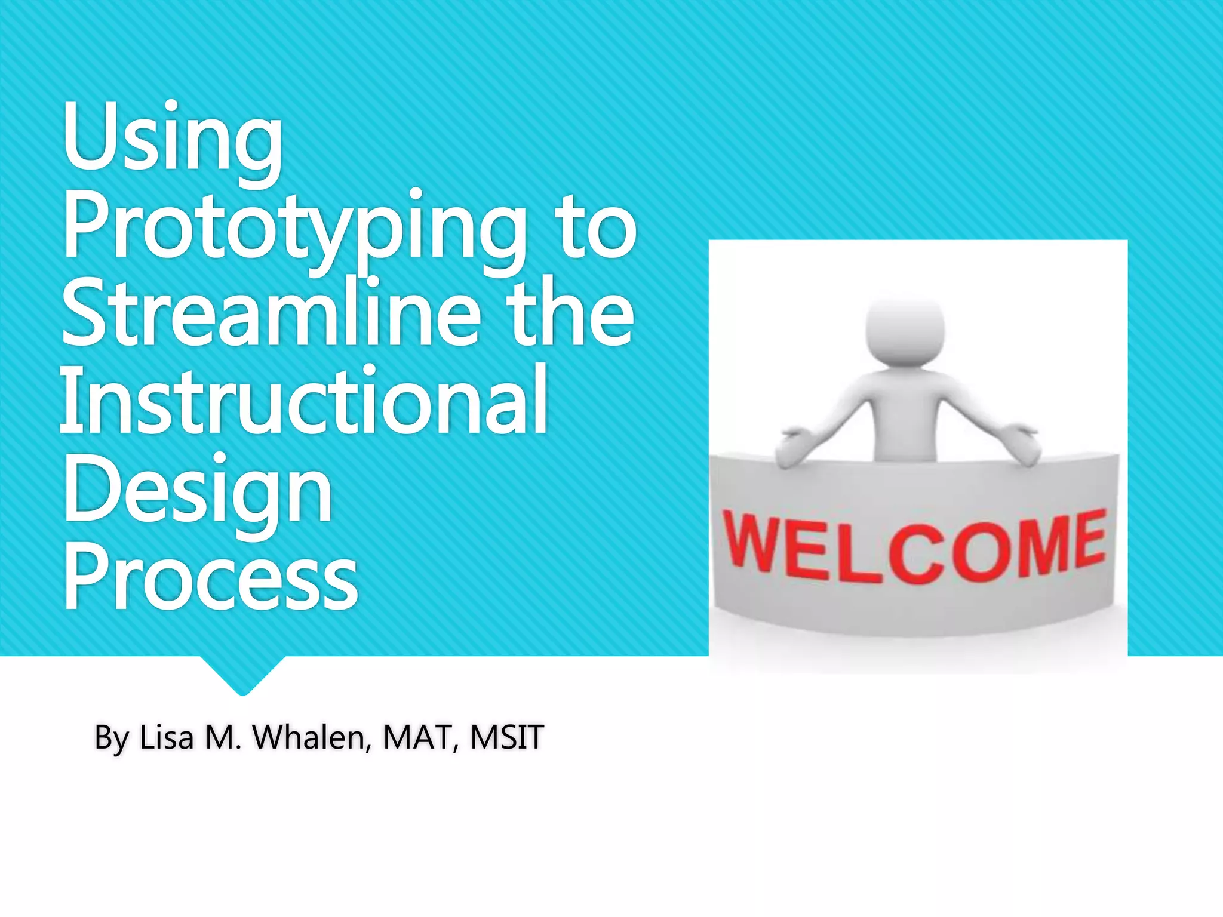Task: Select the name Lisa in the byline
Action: click(167, 737)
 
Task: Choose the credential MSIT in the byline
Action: click(506, 737)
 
